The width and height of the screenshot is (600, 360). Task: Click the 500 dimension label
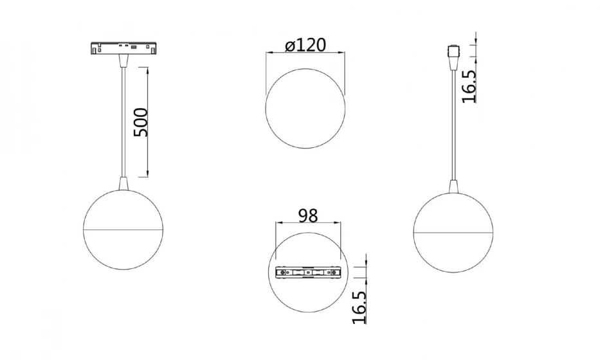point(140,122)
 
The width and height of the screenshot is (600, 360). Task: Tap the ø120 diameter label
point(305,45)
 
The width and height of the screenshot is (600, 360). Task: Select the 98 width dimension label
point(308,216)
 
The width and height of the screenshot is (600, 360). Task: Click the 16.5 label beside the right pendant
point(469,86)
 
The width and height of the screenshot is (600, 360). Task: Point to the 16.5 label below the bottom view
point(359,307)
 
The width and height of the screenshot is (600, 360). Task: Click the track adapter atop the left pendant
point(123,48)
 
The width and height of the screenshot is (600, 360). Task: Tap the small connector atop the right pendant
point(453,52)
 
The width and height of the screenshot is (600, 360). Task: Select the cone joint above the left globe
point(123,183)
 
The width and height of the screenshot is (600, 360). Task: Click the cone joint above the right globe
point(453,186)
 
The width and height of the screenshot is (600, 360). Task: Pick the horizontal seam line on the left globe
point(123,230)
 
